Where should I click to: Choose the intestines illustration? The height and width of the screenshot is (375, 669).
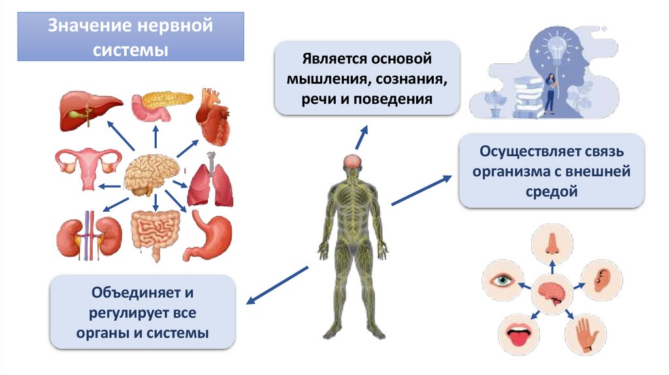(154, 235)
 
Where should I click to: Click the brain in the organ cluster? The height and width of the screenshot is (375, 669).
(154, 174)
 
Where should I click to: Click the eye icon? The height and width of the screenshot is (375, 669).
(501, 282)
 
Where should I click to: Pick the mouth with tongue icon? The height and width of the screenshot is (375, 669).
(517, 334)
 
